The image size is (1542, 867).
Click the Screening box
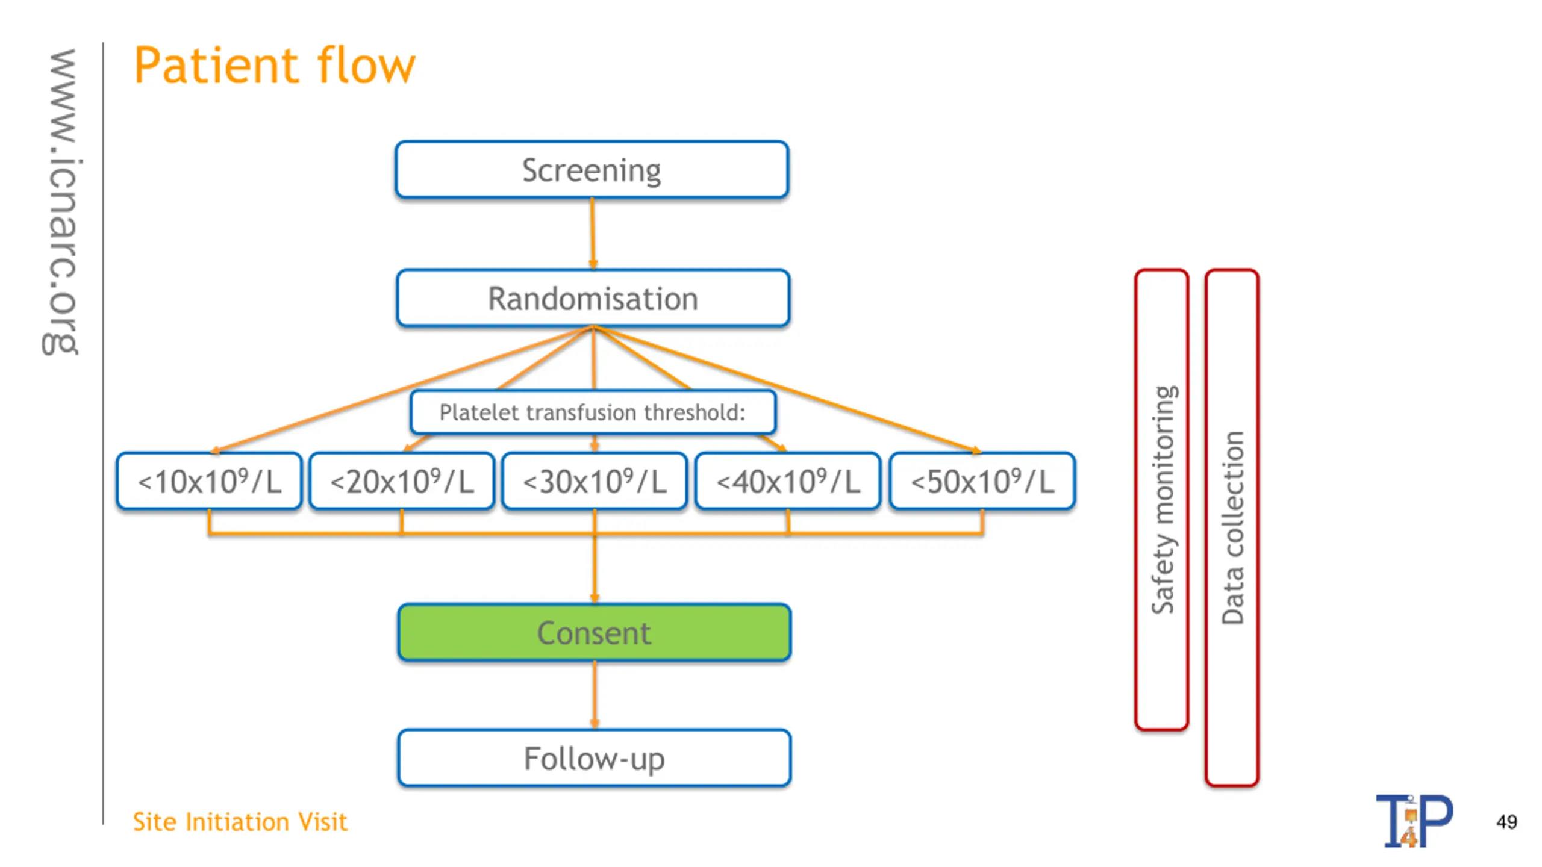592,170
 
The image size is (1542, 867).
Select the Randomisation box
593,298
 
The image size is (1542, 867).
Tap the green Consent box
594,633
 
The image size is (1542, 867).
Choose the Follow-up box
594,758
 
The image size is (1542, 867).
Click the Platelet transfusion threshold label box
593,412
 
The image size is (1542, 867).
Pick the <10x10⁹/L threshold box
209,481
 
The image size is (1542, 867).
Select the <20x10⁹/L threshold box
402,481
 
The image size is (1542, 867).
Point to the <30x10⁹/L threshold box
595,481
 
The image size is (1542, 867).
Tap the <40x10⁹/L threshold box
788,481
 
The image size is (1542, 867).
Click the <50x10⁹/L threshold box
982,481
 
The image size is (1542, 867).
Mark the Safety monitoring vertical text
1163,500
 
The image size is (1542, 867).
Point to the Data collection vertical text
1232,527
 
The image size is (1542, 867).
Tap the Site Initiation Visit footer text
240,822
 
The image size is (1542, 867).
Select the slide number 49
1506,822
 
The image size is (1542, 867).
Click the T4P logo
1414,821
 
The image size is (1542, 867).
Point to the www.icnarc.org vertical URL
60,202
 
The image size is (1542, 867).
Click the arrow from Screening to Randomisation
593,234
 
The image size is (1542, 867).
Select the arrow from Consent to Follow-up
595,695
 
